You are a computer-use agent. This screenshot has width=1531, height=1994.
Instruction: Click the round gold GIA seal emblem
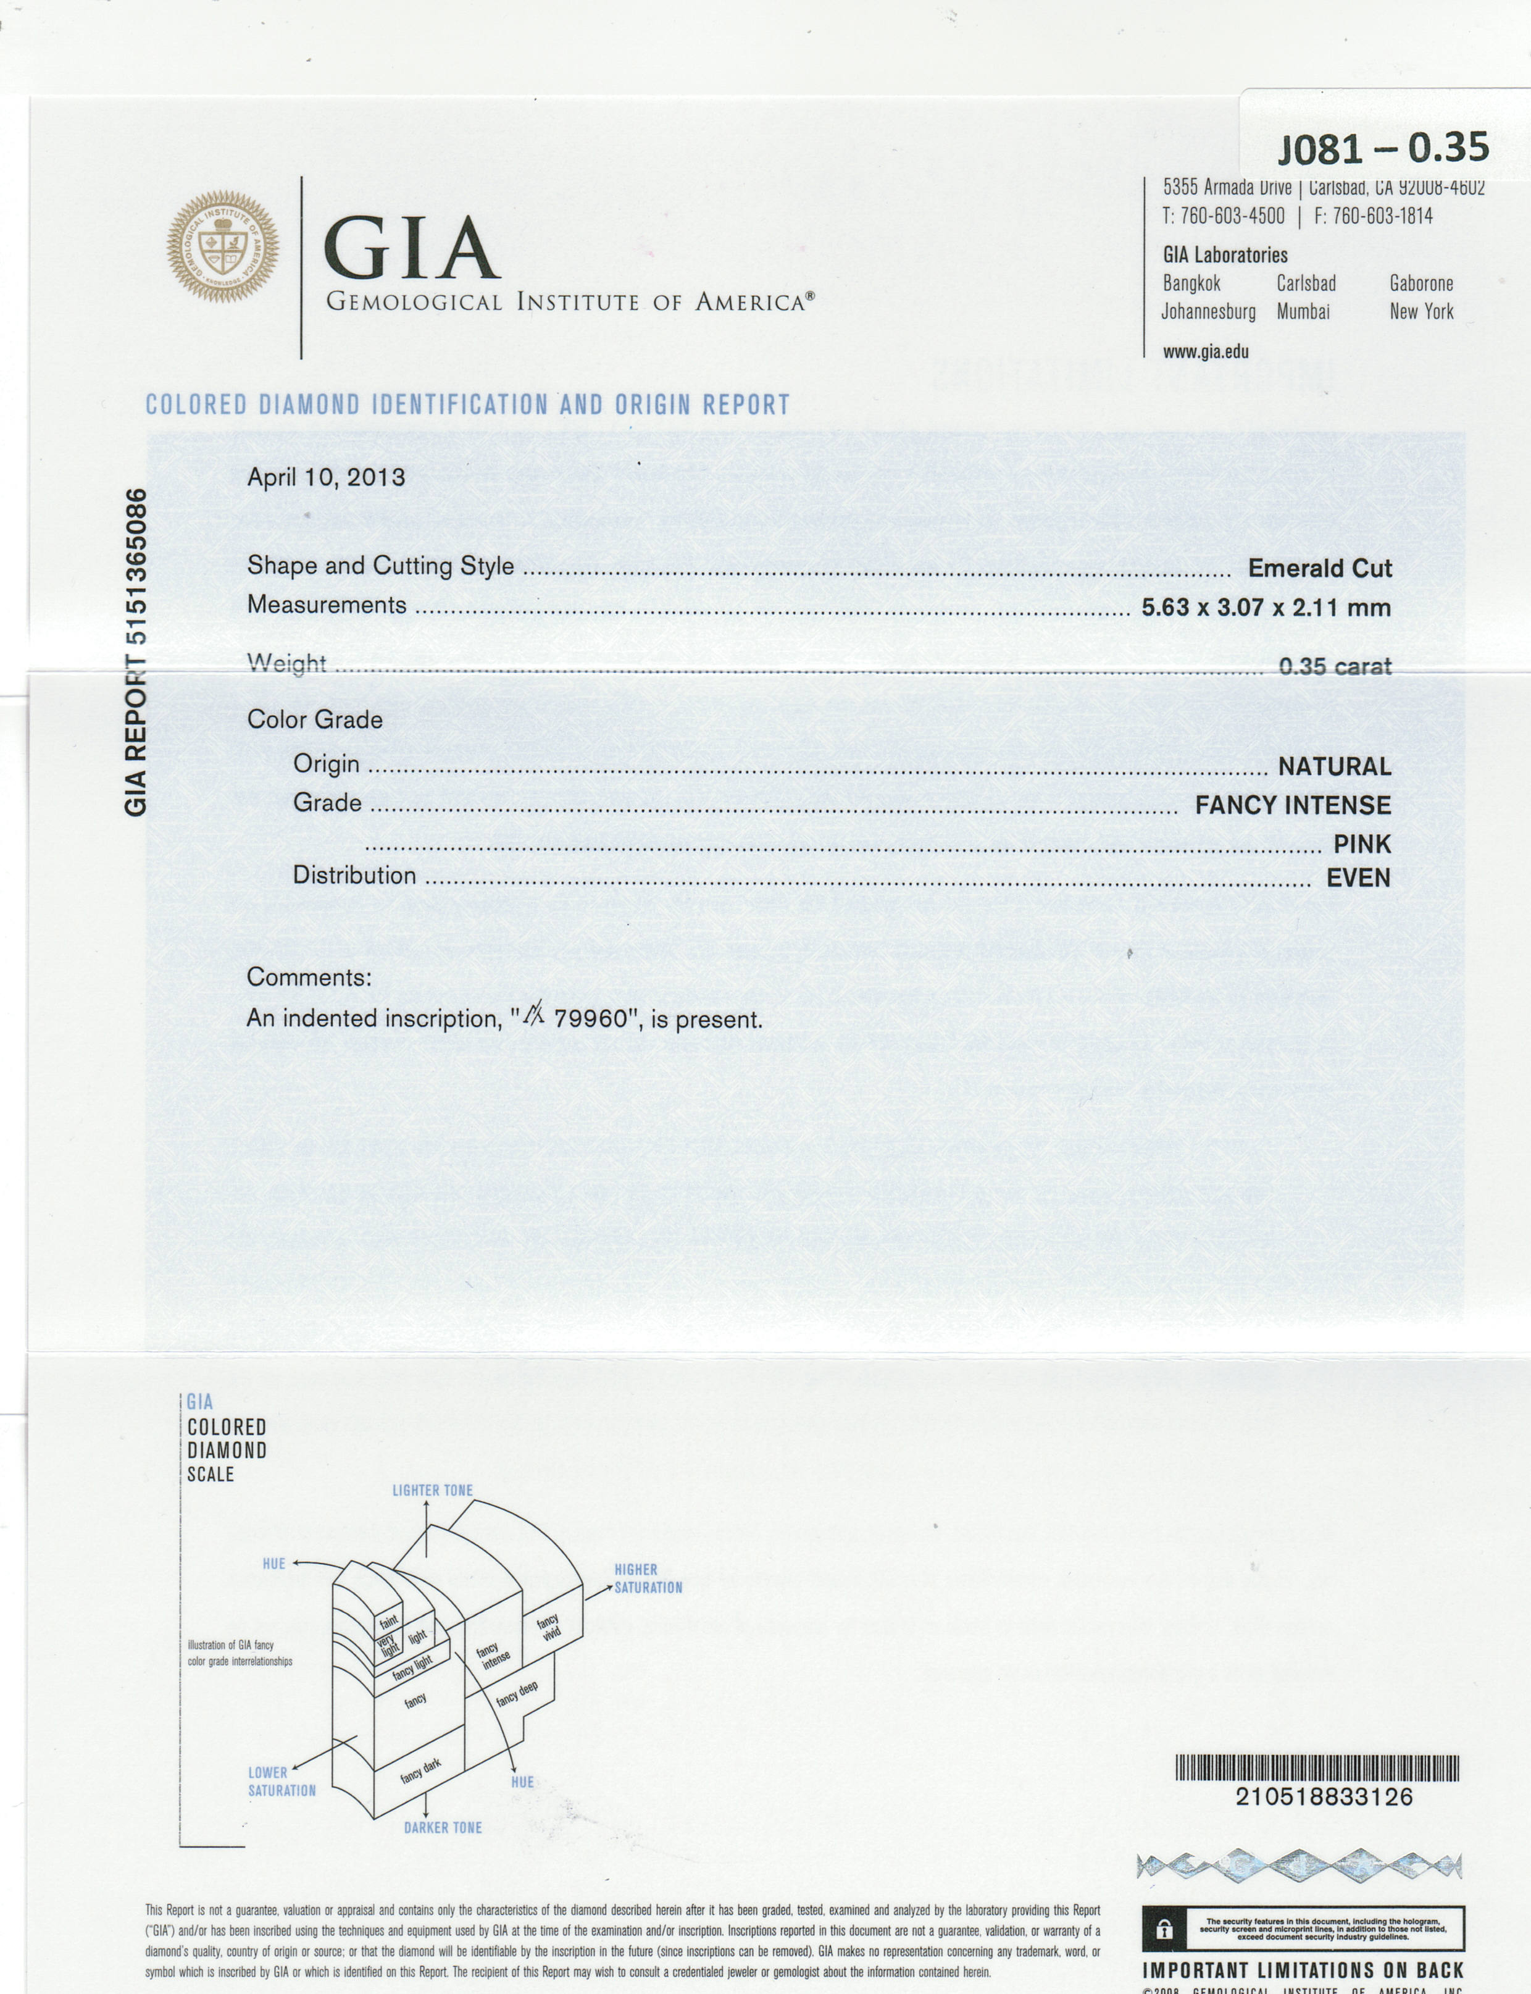click(x=222, y=246)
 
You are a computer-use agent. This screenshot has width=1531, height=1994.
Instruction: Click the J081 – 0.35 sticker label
click(x=1382, y=148)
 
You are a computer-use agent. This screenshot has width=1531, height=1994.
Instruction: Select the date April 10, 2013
click(x=325, y=477)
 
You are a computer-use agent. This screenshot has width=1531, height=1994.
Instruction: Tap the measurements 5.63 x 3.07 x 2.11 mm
click(x=1266, y=608)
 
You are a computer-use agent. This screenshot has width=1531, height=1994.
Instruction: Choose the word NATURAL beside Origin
click(x=1333, y=766)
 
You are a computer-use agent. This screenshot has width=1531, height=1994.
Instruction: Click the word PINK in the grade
click(x=1361, y=845)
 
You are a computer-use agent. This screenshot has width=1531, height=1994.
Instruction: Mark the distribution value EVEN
click(x=1358, y=879)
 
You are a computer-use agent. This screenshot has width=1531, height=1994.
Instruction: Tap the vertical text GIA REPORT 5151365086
click(x=136, y=653)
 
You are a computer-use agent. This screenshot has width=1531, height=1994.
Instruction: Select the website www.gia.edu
click(x=1205, y=352)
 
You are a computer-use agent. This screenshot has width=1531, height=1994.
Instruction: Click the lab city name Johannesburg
click(x=1208, y=312)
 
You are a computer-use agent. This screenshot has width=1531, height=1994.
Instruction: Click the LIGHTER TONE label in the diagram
click(x=432, y=1490)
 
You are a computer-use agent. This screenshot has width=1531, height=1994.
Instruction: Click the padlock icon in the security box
click(x=1164, y=1929)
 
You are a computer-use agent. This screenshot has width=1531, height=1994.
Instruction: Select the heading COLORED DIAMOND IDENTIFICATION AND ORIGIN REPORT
click(x=467, y=404)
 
